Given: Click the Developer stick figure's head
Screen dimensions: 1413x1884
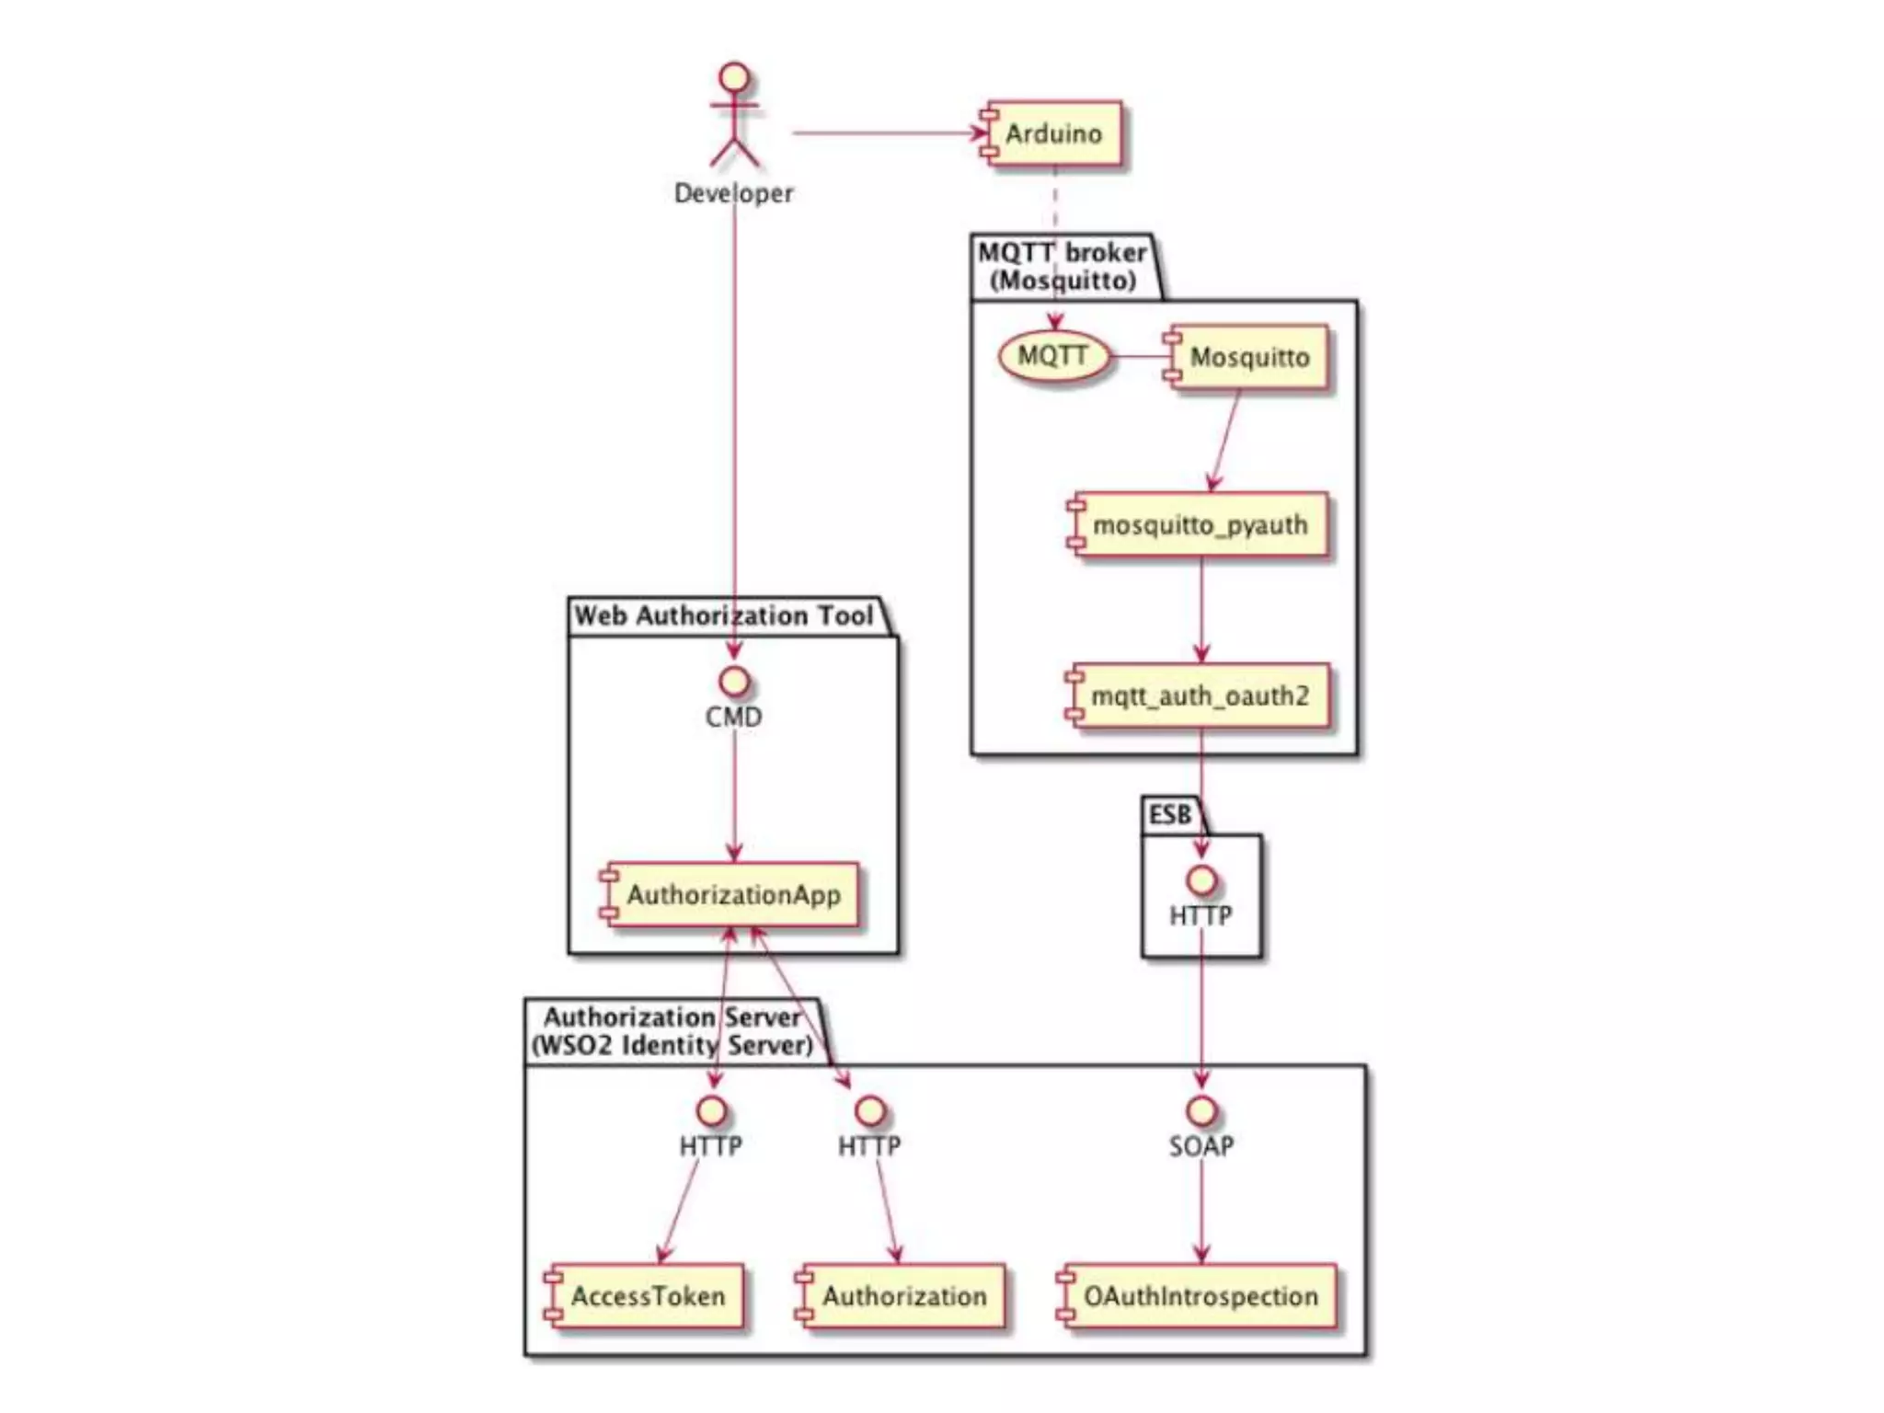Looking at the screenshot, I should pos(734,76).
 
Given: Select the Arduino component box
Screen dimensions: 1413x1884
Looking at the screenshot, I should pos(1054,133).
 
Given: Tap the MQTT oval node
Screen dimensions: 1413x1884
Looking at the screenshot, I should pos(1053,356).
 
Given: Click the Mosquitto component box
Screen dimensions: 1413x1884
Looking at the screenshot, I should pos(1249,357).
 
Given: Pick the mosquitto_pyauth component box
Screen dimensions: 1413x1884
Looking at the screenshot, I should pos(1200,525).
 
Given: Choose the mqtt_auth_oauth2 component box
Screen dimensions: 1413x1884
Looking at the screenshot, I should pos(1200,696).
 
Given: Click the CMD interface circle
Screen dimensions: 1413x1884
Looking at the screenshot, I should pos(734,682).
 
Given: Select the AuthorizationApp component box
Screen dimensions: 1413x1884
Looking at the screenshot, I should pos(732,894).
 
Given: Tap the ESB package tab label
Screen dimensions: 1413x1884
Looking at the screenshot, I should pos(1170,815).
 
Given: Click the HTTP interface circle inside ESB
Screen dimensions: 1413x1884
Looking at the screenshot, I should pos(1201,880).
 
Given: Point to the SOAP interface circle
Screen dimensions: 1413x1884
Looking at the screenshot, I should pos(1201,1110).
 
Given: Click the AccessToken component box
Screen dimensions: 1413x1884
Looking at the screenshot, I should pos(647,1296).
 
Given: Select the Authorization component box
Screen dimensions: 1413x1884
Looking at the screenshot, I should pos(903,1296).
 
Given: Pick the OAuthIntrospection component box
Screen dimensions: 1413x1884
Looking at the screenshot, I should pos(1200,1296).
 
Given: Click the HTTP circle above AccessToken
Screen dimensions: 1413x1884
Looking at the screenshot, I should pos(711,1110).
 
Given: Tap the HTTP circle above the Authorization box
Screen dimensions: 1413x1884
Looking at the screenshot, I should pos(869,1110).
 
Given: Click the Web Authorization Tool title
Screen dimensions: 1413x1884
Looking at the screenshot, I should pos(724,615).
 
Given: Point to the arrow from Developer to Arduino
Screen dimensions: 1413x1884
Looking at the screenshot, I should pos(888,133).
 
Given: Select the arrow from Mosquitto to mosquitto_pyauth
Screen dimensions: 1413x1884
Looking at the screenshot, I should pos(1226,440).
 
